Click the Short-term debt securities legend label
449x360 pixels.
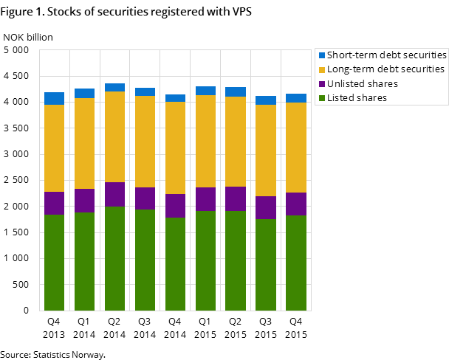click(x=387, y=55)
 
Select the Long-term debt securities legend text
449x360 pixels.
click(x=386, y=69)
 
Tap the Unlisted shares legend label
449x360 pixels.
click(x=363, y=83)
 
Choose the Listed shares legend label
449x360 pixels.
click(x=357, y=97)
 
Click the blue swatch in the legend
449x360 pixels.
click(x=322, y=55)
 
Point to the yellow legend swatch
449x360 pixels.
click(x=322, y=69)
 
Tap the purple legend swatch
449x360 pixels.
click(x=322, y=83)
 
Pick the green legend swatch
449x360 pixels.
click(x=322, y=97)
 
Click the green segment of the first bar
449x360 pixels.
click(x=54, y=262)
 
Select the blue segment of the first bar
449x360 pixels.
click(x=54, y=98)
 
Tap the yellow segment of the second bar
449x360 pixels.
click(x=84, y=143)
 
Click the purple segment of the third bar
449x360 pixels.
click(x=114, y=194)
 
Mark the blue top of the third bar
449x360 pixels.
click(x=114, y=87)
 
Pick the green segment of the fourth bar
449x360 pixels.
click(x=145, y=260)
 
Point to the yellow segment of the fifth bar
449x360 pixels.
click(x=175, y=148)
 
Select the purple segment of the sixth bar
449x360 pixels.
click(x=205, y=199)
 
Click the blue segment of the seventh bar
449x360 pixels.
click(x=236, y=91)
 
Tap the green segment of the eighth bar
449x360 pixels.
click(x=266, y=264)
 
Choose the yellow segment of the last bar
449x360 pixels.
click(x=296, y=148)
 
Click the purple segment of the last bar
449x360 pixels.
click(x=296, y=204)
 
